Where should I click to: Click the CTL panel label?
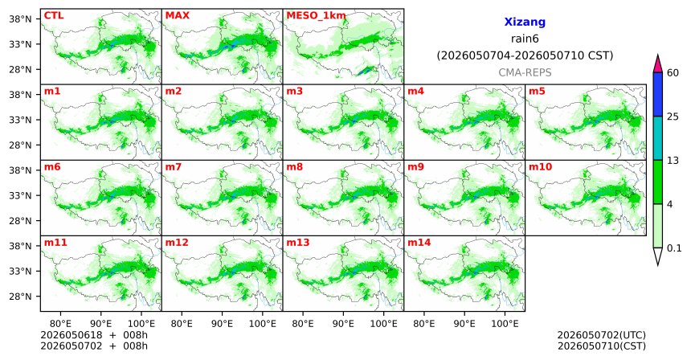pyautogui.click(x=54, y=15)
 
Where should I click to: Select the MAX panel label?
pyautogui.click(x=177, y=15)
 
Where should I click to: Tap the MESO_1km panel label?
pyautogui.click(x=316, y=16)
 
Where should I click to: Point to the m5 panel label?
pyautogui.click(x=537, y=92)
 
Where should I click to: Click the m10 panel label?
pyautogui.click(x=540, y=167)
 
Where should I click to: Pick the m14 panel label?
pyautogui.click(x=419, y=243)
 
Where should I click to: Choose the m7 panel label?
pyautogui.click(x=174, y=167)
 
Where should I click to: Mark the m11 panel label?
pyautogui.click(x=55, y=243)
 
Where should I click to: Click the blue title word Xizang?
pyautogui.click(x=525, y=22)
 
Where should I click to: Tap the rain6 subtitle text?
pyautogui.click(x=525, y=39)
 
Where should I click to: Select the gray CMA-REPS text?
pyautogui.click(x=525, y=72)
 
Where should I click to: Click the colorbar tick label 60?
pyautogui.click(x=673, y=72)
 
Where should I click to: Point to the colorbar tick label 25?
pyautogui.click(x=673, y=117)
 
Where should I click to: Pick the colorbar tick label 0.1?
pyautogui.click(x=674, y=248)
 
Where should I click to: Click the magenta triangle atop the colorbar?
pyautogui.click(x=658, y=65)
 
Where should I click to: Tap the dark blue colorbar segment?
pyautogui.click(x=658, y=94)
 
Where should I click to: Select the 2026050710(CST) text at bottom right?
pyautogui.click(x=602, y=346)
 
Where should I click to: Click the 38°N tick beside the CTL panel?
pyautogui.click(x=20, y=19)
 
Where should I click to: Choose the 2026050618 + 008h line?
pyautogui.click(x=94, y=335)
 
